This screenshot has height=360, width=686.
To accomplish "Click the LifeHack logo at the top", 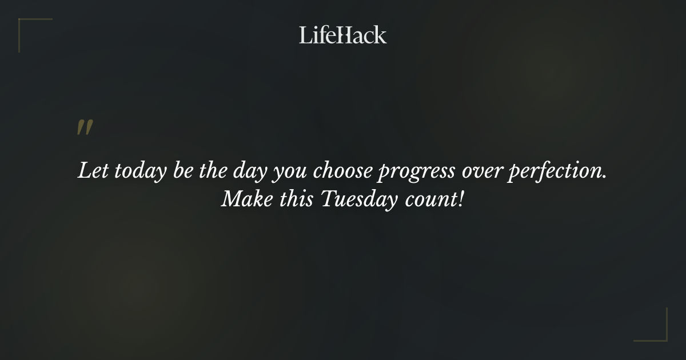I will pos(343,35).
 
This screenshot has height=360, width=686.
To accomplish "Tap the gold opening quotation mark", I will pos(85,128).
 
